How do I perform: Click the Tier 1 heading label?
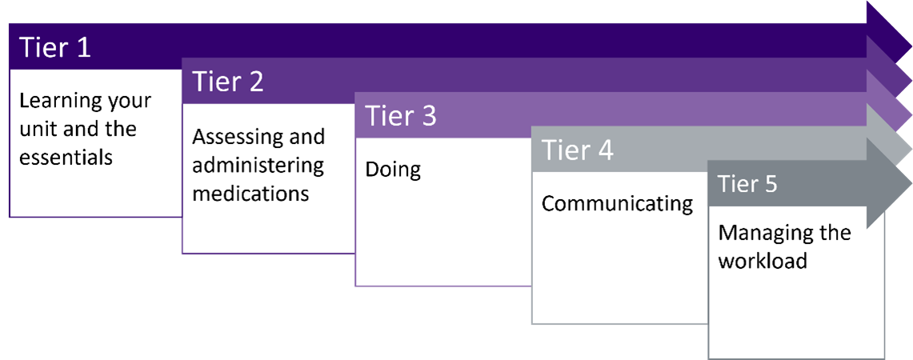coord(56,47)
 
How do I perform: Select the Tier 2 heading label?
coord(228,82)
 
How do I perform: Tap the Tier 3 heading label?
coord(401,116)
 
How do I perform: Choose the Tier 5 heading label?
coord(747,184)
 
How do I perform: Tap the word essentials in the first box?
coord(66,157)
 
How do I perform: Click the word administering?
coord(258,165)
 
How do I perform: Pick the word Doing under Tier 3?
coord(392,170)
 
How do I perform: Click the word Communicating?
coord(617,204)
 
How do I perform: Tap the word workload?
coord(763,260)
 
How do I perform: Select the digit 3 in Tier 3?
coord(428,117)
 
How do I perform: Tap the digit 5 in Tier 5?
coord(770,185)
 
